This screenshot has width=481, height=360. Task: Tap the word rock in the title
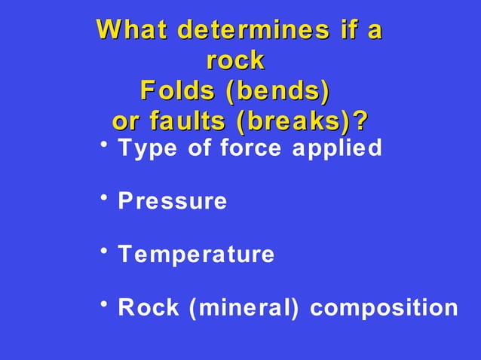pos(235,60)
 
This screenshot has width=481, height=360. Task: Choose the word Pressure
pos(173,202)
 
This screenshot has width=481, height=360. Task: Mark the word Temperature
pos(196,255)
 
